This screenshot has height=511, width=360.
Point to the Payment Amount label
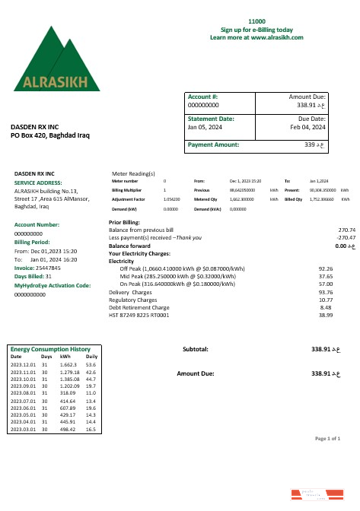[213, 144]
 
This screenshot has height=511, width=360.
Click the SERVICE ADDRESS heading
[38, 183]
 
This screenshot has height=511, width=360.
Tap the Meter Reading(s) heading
[133, 173]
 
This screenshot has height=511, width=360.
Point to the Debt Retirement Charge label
[138, 307]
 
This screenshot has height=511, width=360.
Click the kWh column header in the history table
[65, 356]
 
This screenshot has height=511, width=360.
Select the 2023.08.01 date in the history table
[23, 392]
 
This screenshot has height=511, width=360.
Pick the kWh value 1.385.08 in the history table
[69, 378]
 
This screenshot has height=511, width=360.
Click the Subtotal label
[196, 349]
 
